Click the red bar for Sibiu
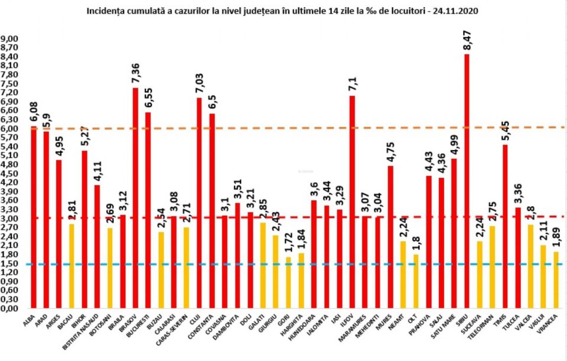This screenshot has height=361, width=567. click(467, 181)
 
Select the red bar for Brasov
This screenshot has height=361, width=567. click(135, 198)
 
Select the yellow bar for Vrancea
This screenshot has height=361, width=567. click(556, 280)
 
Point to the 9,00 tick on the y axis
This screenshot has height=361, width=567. click(10, 39)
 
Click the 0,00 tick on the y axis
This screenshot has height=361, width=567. click(10, 308)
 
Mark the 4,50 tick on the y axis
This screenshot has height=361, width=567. click(10, 174)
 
